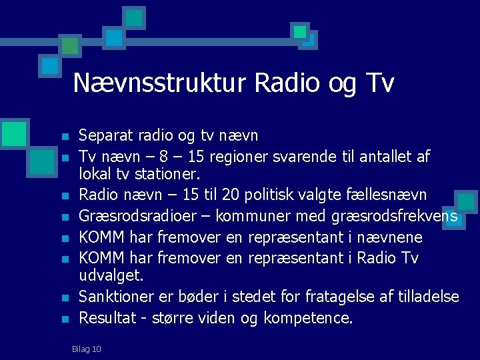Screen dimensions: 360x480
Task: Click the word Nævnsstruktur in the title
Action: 160,83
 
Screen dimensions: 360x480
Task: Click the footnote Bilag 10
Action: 87,349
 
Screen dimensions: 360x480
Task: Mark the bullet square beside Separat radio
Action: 65,137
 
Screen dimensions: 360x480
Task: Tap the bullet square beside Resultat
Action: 65,319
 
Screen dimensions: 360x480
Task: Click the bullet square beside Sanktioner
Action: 65,298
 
